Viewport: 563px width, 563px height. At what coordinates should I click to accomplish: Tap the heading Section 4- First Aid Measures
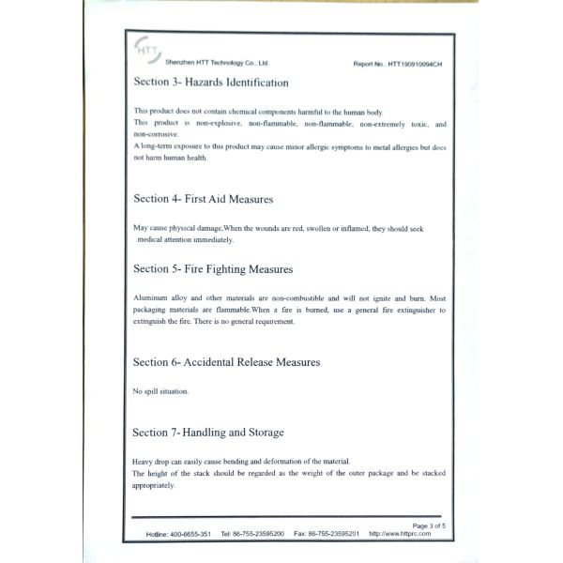point(204,199)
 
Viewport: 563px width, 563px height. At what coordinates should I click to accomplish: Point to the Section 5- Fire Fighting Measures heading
point(213,269)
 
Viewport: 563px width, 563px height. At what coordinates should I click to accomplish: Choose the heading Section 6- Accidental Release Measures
point(227,361)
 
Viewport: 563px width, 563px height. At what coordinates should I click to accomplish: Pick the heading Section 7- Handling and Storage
point(208,433)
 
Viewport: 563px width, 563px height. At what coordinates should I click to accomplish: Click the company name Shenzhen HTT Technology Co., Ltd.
point(204,63)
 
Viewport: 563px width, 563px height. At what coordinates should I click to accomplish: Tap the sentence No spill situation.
point(160,390)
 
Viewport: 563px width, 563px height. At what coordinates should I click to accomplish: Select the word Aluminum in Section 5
point(153,297)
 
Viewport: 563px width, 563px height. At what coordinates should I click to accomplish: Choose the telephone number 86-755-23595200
point(259,534)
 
